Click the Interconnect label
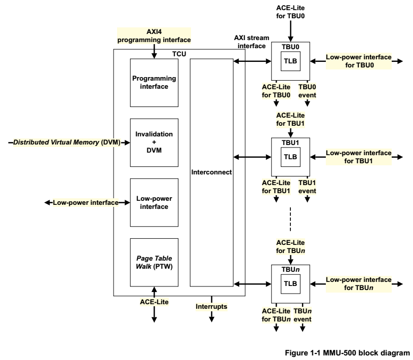coord(211,172)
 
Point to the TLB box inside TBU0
coord(290,62)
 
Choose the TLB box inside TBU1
coord(290,157)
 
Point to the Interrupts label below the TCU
coord(211,306)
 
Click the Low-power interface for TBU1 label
coord(358,157)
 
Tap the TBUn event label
coord(303,315)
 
